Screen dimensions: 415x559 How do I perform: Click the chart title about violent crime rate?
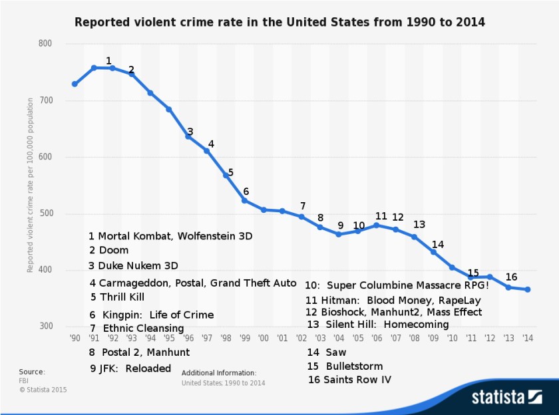click(279, 22)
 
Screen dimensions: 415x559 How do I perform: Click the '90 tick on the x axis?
click(75, 338)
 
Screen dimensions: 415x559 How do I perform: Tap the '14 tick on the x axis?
click(527, 338)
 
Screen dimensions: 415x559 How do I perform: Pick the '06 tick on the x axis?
click(377, 338)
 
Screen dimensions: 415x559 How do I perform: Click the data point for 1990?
click(75, 84)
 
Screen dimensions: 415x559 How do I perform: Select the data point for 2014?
click(527, 289)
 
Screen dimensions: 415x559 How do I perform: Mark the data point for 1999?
click(245, 200)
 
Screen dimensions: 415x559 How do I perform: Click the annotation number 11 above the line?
click(381, 216)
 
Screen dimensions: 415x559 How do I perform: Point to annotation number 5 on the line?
click(230, 173)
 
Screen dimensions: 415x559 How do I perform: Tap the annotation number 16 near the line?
click(511, 277)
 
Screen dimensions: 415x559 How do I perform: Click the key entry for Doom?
click(108, 250)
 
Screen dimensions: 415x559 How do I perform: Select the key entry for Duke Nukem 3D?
click(133, 265)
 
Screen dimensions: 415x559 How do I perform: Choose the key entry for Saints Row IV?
click(349, 380)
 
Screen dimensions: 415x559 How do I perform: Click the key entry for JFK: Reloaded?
click(130, 368)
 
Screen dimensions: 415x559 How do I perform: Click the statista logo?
click(506, 397)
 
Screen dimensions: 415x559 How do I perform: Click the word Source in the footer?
click(31, 372)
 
